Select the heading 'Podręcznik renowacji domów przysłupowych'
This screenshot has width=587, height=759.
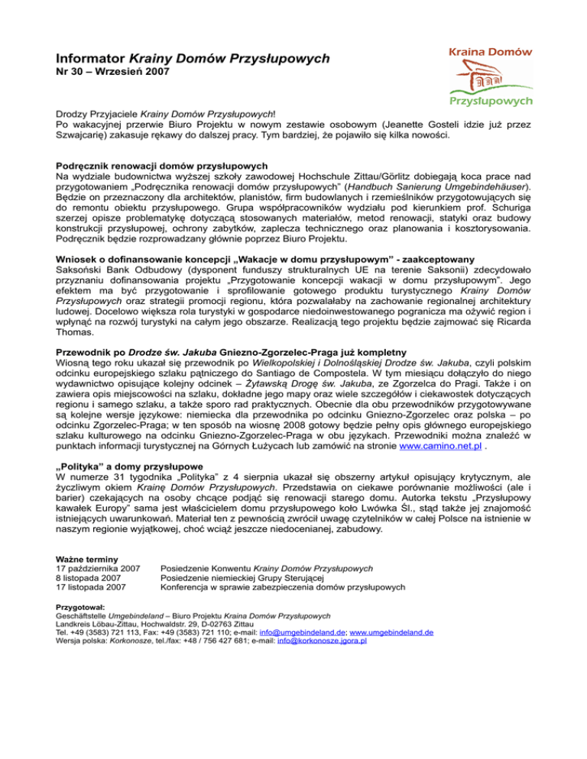point(161,165)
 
